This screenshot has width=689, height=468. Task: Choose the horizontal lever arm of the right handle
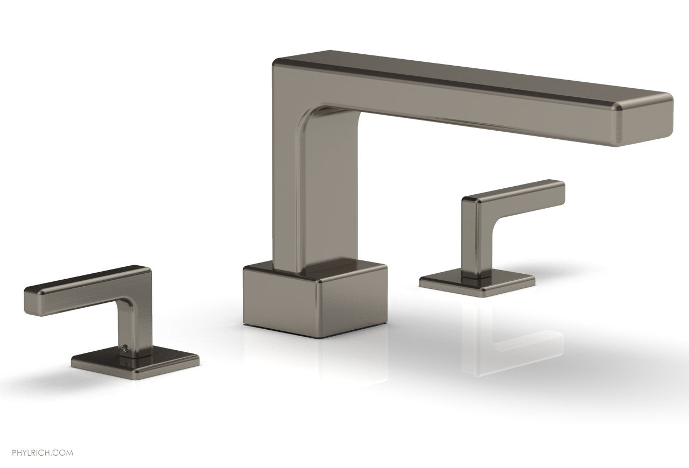click(517, 194)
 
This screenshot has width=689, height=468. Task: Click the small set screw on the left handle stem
click(123, 349)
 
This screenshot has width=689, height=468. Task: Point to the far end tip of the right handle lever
click(560, 188)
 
